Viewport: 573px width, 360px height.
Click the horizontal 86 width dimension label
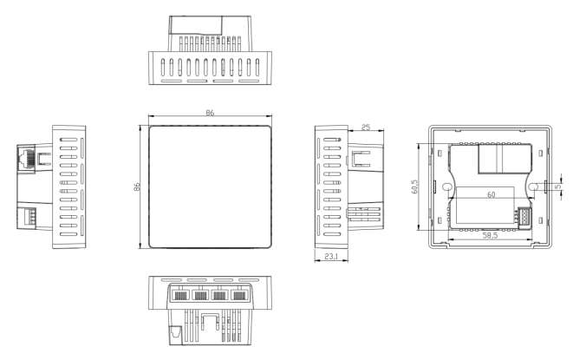pos(210,113)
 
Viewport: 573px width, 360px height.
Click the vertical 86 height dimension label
pos(137,187)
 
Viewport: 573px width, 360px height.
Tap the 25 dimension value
pos(366,128)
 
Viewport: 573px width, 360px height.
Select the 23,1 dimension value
pos(331,257)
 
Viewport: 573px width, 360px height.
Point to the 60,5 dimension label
pos(414,187)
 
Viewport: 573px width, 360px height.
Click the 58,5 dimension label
pos(490,235)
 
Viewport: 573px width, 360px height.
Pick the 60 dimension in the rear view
pos(492,194)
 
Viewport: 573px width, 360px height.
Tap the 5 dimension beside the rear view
pos(557,187)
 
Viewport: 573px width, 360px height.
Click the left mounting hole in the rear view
pos(446,187)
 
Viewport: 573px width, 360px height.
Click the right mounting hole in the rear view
pos(533,187)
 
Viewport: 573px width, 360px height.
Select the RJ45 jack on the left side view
pos(26,158)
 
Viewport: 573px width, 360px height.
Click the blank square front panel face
pos(210,187)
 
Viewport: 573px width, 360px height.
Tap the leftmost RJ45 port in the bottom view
pos(180,295)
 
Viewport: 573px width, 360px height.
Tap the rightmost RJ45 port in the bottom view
pos(239,295)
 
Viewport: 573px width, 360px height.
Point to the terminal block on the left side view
pos(30,215)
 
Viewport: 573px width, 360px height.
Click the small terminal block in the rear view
pos(523,215)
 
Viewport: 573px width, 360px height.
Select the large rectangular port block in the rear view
pos(505,159)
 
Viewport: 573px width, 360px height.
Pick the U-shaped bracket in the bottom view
pos(211,321)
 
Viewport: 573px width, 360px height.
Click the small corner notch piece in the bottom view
pos(176,335)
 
